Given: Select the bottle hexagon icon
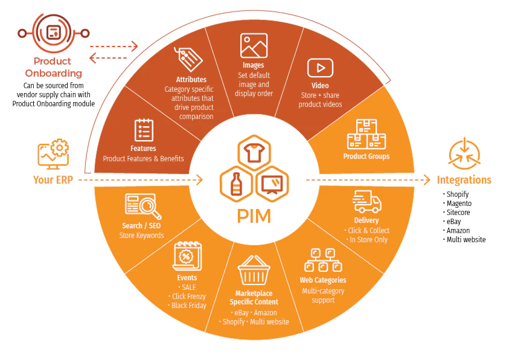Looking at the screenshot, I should [x=236, y=184].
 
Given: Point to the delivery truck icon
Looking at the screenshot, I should [x=367, y=202].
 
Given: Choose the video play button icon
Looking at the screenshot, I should [x=321, y=68].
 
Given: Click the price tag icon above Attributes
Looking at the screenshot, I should [x=188, y=59].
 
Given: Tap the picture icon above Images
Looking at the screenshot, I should [x=254, y=46].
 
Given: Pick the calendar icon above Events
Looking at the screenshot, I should [x=187, y=257].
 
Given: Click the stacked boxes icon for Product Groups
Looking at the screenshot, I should [x=366, y=134].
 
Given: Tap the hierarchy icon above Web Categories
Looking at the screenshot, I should [x=322, y=260].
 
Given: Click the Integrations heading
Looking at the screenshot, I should [x=464, y=180].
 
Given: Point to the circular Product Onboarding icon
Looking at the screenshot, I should [x=53, y=31].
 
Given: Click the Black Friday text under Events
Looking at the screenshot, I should [x=188, y=306].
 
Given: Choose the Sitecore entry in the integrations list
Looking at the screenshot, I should [x=458, y=213].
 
